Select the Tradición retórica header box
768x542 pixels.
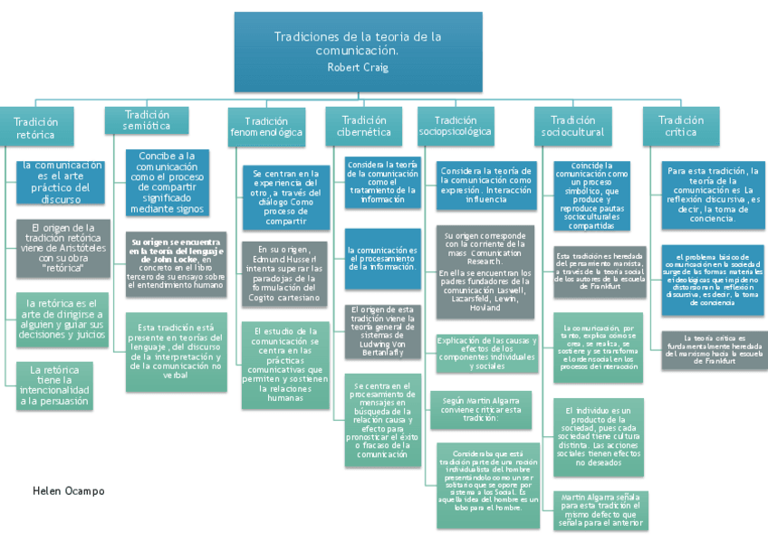(35, 128)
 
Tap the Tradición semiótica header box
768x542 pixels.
(147, 120)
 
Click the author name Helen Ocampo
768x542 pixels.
(68, 490)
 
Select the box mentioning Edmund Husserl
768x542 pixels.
(280, 272)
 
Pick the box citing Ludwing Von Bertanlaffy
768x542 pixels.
(383, 330)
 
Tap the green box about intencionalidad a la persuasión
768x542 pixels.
(62, 385)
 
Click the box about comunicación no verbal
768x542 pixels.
(176, 352)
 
